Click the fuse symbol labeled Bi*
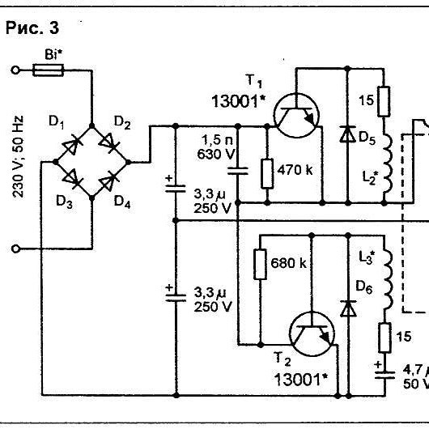(48, 70)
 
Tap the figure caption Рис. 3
(32, 28)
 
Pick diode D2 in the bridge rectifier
(109, 142)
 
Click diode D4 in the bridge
(109, 180)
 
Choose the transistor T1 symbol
(296, 116)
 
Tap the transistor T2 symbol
(312, 333)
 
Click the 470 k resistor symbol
(267, 174)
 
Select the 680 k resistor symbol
(260, 265)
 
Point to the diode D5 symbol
(348, 134)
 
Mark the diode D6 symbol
(348, 308)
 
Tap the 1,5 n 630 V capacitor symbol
(238, 171)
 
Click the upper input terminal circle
(15, 70)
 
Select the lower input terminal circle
(15, 249)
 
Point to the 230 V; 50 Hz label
(18, 156)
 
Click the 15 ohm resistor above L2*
(384, 101)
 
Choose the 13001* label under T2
(300, 380)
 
